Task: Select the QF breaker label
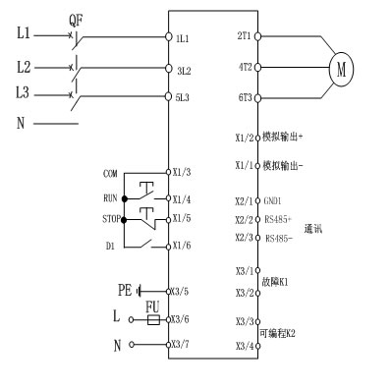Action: point(77,19)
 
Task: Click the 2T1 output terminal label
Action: point(244,35)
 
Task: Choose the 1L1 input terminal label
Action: point(183,38)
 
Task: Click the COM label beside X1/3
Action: point(110,173)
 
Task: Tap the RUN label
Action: point(110,196)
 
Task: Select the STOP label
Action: point(110,219)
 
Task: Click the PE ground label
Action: point(125,291)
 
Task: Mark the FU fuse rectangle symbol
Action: point(151,319)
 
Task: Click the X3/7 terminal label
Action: point(180,345)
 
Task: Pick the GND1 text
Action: point(274,200)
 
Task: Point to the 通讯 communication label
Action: point(314,228)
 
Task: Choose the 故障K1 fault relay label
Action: point(274,282)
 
